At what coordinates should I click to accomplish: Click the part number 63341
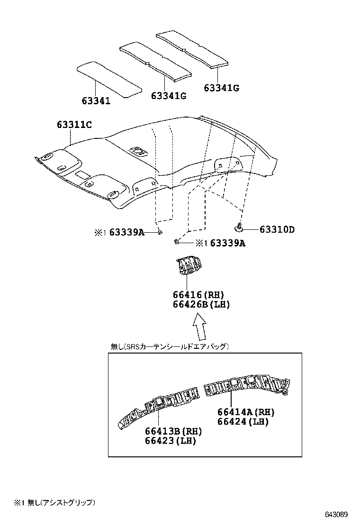coord(96,101)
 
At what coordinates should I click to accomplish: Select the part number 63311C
coord(74,125)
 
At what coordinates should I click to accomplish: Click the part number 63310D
coord(277,230)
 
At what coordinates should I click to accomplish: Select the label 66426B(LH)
coord(201,305)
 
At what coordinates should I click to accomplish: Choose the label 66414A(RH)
coord(246,412)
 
